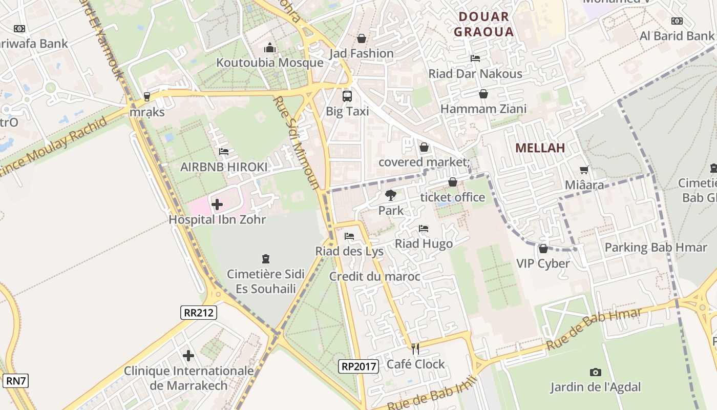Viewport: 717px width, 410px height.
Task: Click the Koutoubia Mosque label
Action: point(270,63)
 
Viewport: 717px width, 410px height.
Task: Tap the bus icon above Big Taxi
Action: point(347,96)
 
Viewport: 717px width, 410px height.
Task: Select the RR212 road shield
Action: point(199,313)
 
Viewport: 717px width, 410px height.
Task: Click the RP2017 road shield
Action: point(358,366)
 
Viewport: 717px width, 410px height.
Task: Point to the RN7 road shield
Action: point(16,381)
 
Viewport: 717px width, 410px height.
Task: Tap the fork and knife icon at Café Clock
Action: point(415,349)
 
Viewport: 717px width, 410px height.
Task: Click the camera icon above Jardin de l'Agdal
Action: point(595,372)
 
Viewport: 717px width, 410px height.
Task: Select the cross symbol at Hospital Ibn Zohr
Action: point(217,205)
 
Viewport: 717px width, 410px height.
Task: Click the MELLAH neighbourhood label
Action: point(540,148)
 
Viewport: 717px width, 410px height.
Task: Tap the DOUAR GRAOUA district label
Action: point(483,24)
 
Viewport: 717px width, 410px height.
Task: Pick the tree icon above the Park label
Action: point(390,195)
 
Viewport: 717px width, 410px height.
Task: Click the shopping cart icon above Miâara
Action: point(584,170)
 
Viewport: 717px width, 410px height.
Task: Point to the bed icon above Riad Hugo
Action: point(424,229)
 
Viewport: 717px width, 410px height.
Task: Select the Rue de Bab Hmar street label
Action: point(594,330)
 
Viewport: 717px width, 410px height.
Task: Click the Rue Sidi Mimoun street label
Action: point(297,143)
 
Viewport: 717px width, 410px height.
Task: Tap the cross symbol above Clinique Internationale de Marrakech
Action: point(188,355)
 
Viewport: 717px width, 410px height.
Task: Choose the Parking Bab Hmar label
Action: point(656,248)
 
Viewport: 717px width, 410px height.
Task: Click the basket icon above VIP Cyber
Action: point(543,249)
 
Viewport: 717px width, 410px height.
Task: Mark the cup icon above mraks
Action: point(147,96)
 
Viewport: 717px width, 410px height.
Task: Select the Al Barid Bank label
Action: point(676,36)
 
